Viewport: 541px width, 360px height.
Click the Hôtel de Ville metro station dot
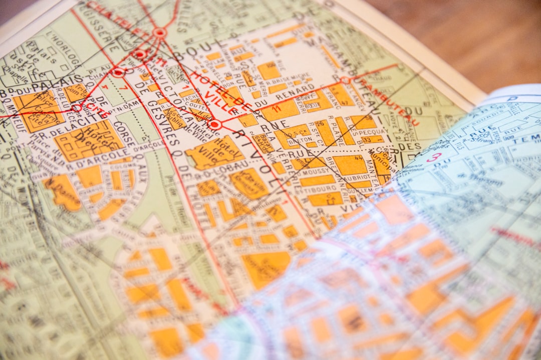pos(215,124)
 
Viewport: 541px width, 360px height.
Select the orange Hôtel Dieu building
pos(89,141)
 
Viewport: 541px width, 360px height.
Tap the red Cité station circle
pos(77,108)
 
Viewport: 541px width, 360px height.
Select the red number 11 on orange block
pos(275,108)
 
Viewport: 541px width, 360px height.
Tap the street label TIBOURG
pos(320,189)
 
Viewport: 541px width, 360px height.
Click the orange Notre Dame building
pos(63,192)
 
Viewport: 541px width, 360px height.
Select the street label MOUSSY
pos(315,170)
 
